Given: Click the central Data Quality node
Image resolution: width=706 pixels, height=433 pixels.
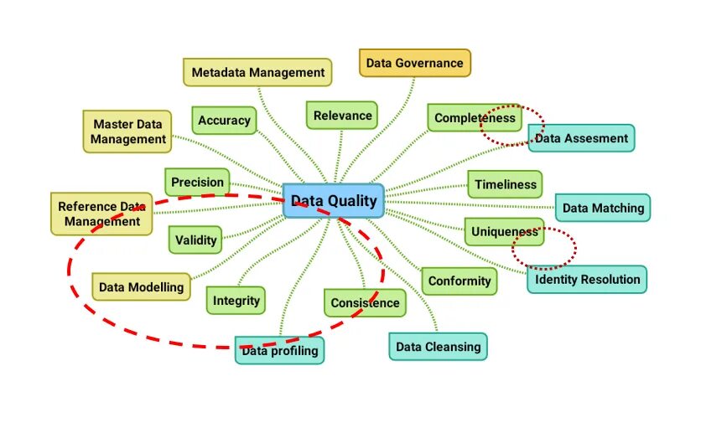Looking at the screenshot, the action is (x=333, y=201).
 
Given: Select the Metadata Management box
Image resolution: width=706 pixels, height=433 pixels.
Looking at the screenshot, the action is (x=257, y=73).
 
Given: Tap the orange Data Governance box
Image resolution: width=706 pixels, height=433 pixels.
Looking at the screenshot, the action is (x=414, y=63).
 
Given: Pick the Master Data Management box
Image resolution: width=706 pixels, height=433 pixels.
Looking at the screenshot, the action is (x=127, y=131).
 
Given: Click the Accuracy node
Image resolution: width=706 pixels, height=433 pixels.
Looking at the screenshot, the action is (x=224, y=121).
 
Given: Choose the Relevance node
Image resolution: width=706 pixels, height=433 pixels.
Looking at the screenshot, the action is (x=342, y=116).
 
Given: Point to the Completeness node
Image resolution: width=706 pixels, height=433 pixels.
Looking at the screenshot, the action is (x=474, y=118).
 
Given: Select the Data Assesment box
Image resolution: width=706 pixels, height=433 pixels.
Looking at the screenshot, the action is (x=581, y=138).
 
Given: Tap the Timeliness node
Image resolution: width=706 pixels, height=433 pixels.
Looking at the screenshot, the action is (x=505, y=184).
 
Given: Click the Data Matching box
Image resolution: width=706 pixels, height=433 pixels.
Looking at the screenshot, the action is (x=602, y=208).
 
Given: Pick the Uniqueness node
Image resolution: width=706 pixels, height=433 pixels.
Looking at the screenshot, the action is (x=504, y=232).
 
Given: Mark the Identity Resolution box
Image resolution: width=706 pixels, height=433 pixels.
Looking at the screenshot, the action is (x=587, y=280).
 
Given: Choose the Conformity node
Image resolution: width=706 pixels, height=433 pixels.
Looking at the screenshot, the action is (x=459, y=281).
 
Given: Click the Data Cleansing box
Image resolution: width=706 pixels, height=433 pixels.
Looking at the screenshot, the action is (x=438, y=346).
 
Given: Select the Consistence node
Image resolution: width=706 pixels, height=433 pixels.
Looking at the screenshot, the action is (x=365, y=303).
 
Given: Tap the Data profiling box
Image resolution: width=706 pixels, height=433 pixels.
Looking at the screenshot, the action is (x=279, y=350).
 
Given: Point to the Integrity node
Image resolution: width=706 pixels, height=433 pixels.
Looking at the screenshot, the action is (x=236, y=301).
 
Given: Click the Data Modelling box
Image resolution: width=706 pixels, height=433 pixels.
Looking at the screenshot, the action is (x=141, y=287).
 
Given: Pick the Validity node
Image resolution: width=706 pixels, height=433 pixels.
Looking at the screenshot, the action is (x=195, y=240).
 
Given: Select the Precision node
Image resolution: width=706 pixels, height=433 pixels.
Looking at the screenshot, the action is (x=197, y=182).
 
